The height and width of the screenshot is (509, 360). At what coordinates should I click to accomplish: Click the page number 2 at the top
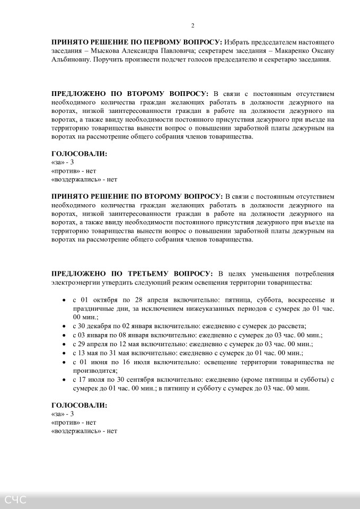[192, 25]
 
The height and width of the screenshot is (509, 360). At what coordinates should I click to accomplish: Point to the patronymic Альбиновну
[72, 60]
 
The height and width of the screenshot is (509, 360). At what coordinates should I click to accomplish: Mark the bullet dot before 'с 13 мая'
[64, 353]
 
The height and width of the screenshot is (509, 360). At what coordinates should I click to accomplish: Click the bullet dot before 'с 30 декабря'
[64, 327]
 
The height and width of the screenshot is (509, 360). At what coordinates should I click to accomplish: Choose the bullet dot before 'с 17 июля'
[64, 380]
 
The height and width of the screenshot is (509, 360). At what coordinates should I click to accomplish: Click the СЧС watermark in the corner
[15, 499]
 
